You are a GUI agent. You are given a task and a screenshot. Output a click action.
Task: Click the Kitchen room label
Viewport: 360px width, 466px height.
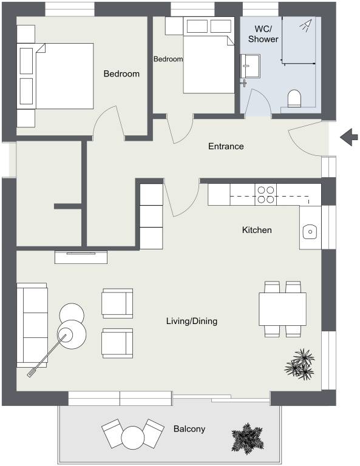pos(257,230)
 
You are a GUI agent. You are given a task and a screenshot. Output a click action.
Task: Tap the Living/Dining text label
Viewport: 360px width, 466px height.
pos(191,321)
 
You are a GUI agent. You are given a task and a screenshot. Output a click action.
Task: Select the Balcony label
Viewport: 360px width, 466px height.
pos(189,429)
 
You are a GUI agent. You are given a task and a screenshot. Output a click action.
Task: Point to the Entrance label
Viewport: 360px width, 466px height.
pos(226,146)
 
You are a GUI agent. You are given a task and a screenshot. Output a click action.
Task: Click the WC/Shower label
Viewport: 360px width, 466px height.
pos(263,34)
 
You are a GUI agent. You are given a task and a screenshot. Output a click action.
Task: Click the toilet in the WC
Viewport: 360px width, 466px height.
pos(294,98)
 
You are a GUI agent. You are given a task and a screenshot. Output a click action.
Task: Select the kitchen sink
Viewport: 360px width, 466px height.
pos(310,231)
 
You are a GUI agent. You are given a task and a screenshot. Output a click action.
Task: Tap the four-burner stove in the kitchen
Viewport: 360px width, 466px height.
pos(265,194)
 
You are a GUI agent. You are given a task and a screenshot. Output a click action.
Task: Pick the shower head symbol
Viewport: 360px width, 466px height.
pos(306,25)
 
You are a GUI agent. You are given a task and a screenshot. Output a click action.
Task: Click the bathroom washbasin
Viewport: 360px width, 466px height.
pos(250,64)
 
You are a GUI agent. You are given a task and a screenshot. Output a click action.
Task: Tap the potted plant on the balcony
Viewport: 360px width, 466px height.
pos(247,437)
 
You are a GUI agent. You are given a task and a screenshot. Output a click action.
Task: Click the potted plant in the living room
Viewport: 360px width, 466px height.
pos(300,363)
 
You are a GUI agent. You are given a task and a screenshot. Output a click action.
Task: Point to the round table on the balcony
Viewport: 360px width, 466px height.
pos(132,437)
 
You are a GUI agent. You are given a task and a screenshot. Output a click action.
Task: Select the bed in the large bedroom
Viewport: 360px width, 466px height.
pos(64,75)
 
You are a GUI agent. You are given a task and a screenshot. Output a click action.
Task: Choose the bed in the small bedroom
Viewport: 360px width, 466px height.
pos(208,64)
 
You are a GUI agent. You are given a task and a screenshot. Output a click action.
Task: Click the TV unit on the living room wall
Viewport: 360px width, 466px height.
pos(81,257)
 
